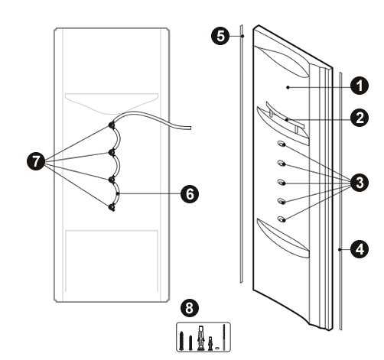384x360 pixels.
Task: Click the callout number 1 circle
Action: coord(360,86)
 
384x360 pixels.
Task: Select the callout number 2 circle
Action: coord(360,118)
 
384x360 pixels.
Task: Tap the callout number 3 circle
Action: coord(360,183)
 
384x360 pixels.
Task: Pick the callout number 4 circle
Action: coord(360,249)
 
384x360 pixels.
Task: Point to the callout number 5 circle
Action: coord(220,36)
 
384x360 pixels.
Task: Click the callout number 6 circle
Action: coord(190,194)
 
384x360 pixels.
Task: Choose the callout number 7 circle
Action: coord(36,161)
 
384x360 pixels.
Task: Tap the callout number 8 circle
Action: coord(190,308)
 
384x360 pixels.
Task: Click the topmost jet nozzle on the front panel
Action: coord(281,144)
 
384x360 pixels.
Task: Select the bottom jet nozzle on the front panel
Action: coord(281,219)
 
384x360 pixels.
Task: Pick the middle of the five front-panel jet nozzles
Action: coord(281,182)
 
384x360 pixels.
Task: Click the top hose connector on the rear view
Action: coord(112,125)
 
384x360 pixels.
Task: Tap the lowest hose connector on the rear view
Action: coord(112,207)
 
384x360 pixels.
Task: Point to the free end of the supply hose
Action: coord(190,128)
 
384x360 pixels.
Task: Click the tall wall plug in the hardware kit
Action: coord(201,338)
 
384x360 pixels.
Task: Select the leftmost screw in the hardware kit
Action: coord(181,341)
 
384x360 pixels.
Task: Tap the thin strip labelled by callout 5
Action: coord(241,154)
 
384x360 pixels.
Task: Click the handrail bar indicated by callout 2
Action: coord(285,117)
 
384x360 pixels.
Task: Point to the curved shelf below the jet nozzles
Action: coord(283,238)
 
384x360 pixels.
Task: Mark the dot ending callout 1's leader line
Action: coord(288,87)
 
